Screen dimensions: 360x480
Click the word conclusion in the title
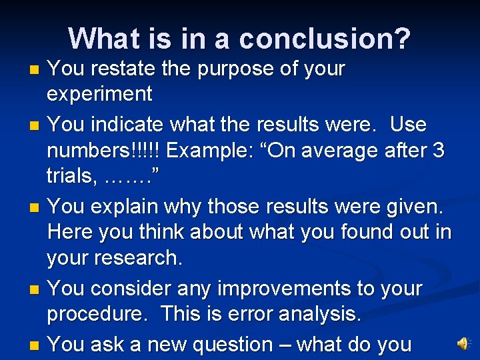[325, 39]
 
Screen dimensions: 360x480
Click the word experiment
[99, 94]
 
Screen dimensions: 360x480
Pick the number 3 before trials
[438, 151]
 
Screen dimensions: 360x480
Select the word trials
[69, 176]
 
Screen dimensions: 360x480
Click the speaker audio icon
[462, 343]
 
